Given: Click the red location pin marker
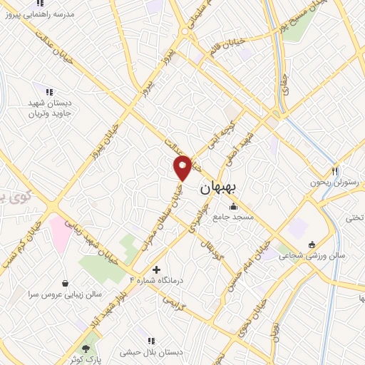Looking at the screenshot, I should point(182,167).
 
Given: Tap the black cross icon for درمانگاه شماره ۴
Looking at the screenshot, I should point(157,269).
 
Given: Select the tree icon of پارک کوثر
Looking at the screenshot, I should point(87,349).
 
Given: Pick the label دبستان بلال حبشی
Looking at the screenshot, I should point(150,351).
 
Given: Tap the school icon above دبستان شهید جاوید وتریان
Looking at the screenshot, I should point(49,92).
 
